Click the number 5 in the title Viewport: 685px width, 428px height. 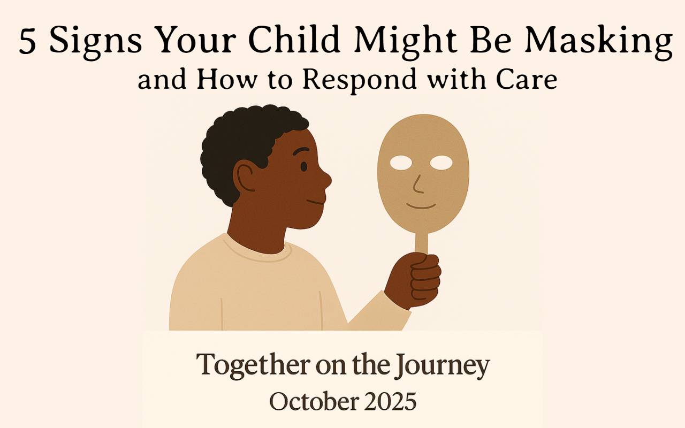pos(27,41)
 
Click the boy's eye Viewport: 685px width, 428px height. pos(303,166)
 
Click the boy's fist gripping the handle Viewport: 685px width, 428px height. pos(413,280)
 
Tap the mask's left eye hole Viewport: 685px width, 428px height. pos(401,163)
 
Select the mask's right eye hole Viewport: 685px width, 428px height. pos(441,163)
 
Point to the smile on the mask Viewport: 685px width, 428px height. pos(421,206)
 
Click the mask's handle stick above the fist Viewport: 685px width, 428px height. pos(422,243)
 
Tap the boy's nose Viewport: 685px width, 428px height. pos(326,179)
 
